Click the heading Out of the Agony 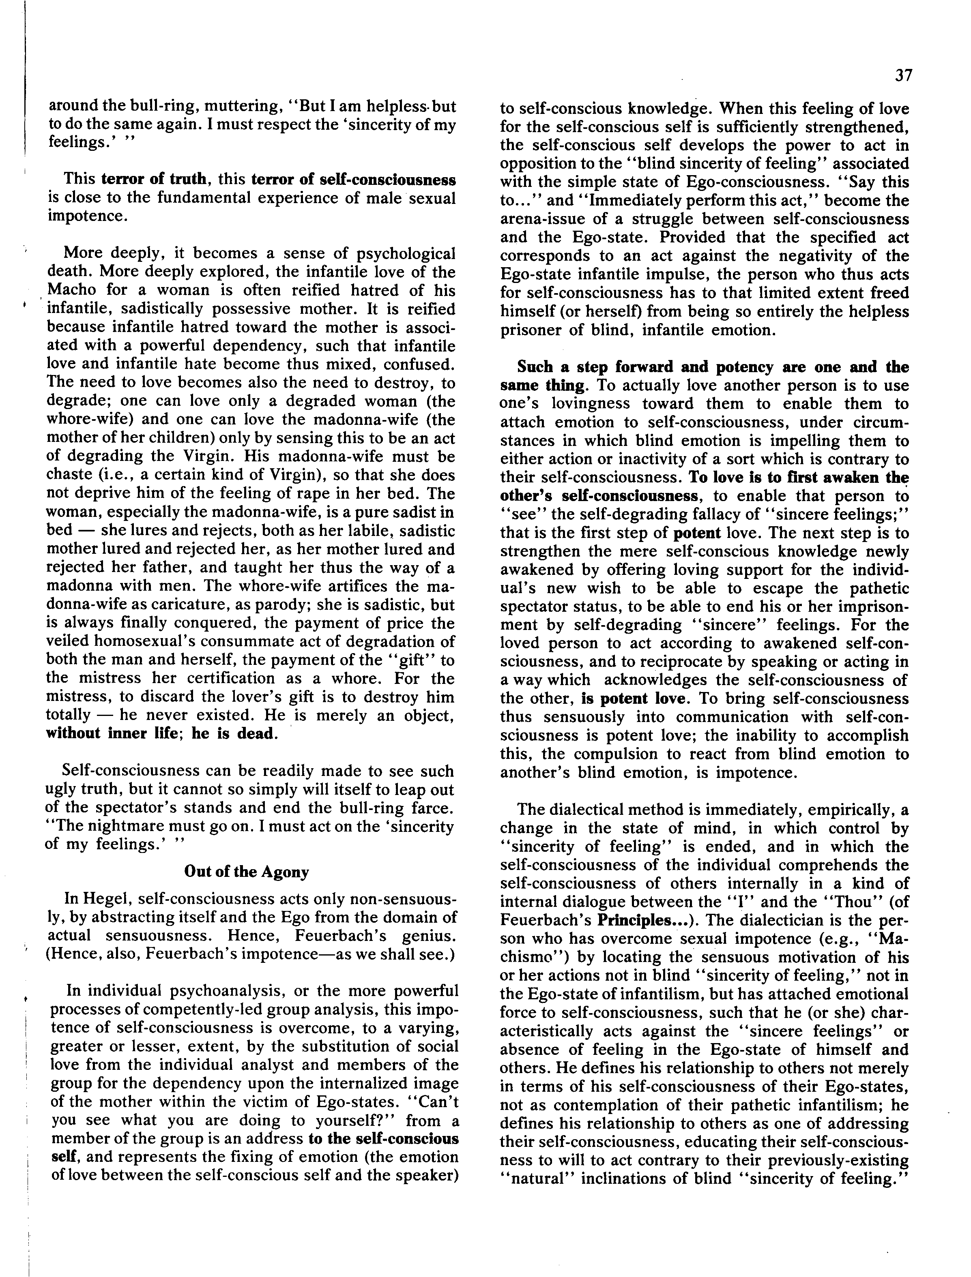pyautogui.click(x=246, y=872)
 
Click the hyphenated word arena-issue pyautogui.click(x=544, y=219)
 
